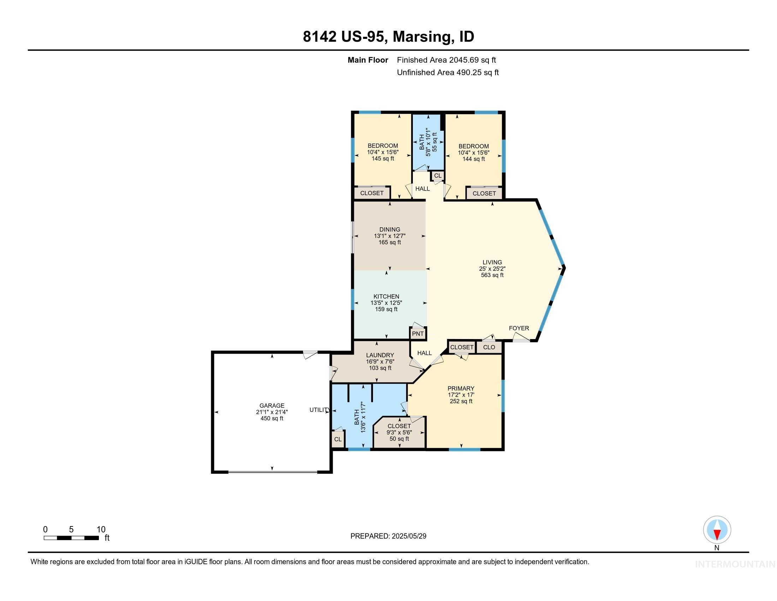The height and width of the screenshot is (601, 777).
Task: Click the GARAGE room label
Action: coord(272,405)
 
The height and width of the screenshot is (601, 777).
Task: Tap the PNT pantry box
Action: coord(418,334)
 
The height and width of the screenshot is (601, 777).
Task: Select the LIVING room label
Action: coord(492,262)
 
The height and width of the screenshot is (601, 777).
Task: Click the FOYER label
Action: coord(519,328)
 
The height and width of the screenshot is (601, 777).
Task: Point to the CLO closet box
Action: coord(489,347)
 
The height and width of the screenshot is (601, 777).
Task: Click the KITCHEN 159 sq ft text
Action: coord(386,309)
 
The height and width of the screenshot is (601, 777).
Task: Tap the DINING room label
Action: coord(390,230)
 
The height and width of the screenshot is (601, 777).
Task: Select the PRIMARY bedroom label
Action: coord(461,389)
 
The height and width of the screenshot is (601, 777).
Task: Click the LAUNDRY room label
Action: coord(380,355)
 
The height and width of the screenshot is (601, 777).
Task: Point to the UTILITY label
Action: coord(319,410)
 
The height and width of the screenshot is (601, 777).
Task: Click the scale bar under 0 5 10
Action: coord(71,538)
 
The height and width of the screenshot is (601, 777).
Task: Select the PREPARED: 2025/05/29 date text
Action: coord(388,536)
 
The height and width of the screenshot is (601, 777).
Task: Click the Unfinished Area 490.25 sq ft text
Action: coord(447,72)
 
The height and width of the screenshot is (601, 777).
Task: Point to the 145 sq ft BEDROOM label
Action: coord(383,146)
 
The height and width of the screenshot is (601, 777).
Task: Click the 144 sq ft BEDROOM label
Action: coord(474,146)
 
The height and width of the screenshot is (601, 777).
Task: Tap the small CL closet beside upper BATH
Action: coord(438,176)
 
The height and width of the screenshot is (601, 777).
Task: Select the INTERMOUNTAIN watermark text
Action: coord(735,564)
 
